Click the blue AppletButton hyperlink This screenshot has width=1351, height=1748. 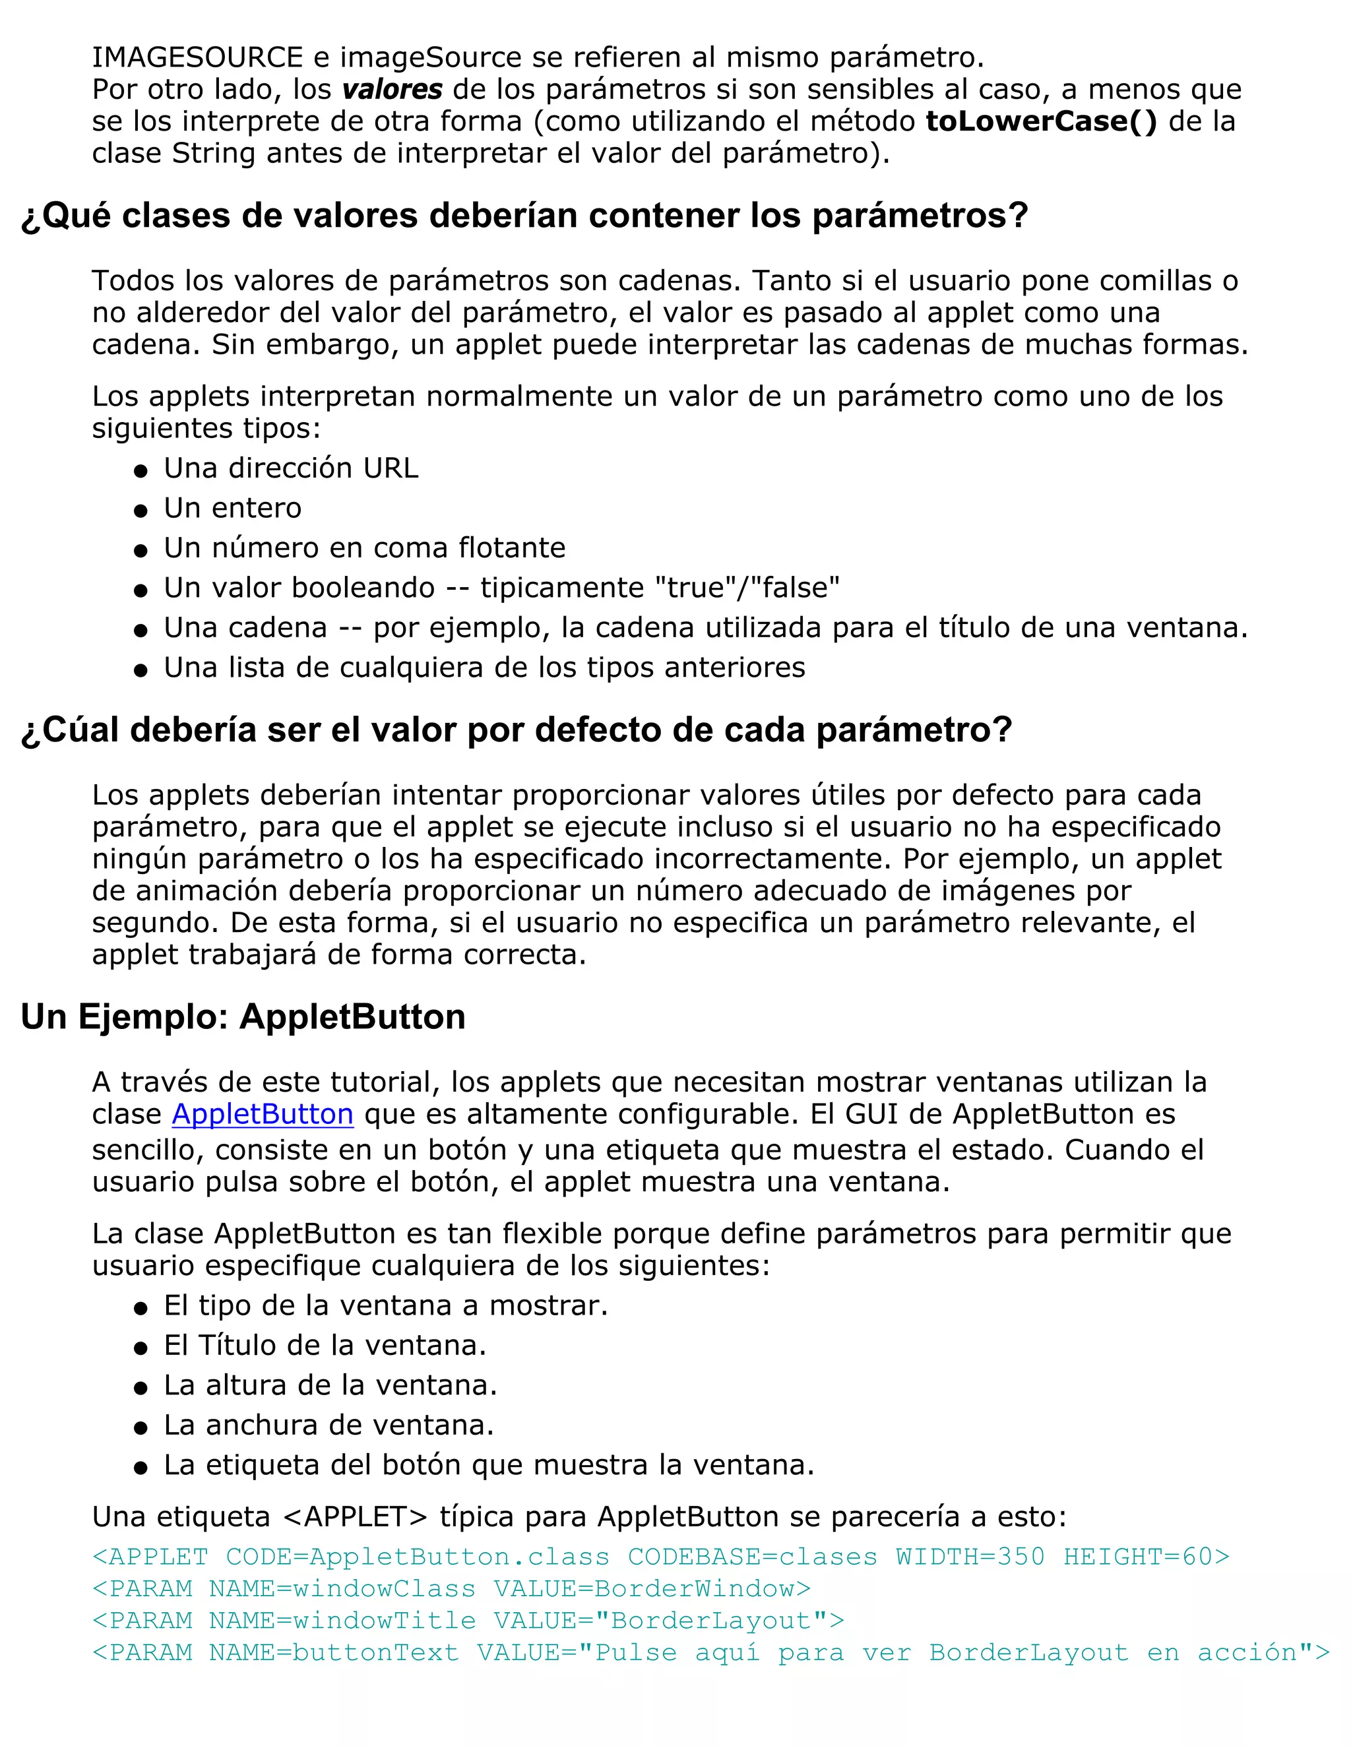point(263,1114)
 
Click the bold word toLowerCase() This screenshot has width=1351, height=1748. point(1041,121)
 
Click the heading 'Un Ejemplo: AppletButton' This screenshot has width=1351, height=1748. point(243,1017)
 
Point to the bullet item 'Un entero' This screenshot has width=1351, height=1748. point(232,508)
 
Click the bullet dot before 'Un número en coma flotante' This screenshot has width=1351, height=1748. point(141,551)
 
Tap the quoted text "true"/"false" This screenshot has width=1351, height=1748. point(747,588)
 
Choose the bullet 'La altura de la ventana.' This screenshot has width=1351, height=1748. point(330,1385)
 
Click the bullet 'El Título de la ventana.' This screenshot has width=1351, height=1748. point(325,1346)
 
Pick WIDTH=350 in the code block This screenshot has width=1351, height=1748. point(970,1557)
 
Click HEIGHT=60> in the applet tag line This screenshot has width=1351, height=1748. point(1146,1557)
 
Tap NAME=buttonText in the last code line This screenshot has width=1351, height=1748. point(334,1653)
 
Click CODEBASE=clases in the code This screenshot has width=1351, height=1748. point(752,1557)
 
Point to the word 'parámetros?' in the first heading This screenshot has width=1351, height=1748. point(920,216)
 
